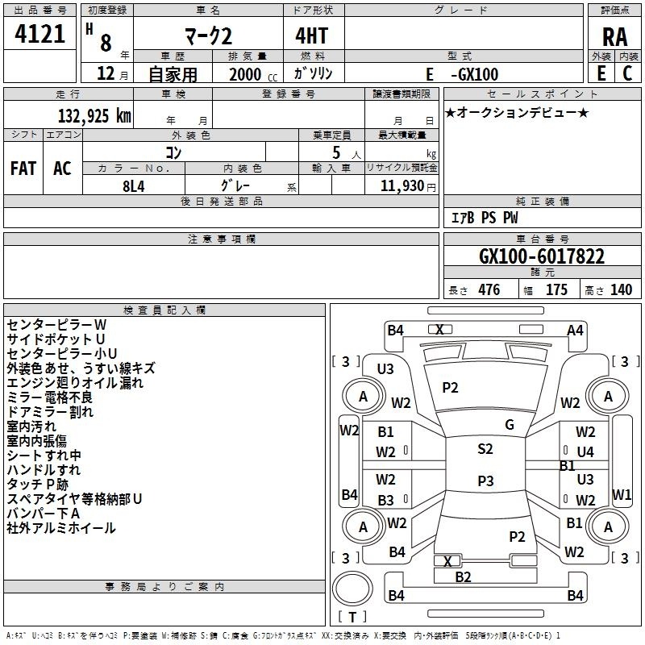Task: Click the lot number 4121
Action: click(40, 34)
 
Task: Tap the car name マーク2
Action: click(209, 36)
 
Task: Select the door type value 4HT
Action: click(312, 35)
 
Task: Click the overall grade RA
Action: click(614, 37)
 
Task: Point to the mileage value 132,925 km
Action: click(94, 115)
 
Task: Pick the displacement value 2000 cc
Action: click(253, 74)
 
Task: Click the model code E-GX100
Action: click(462, 74)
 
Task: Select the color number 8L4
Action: click(134, 186)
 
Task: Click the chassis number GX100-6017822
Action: click(542, 256)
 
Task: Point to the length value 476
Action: click(489, 289)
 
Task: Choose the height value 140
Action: click(621, 289)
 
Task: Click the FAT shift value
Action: click(23, 169)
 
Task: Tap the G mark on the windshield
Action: click(510, 425)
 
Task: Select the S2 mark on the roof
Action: click(485, 449)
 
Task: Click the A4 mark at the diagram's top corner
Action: click(575, 331)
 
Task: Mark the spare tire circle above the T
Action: click(352, 589)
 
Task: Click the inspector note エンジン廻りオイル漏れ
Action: click(75, 382)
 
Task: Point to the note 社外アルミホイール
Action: click(61, 528)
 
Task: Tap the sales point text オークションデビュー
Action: click(517, 112)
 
